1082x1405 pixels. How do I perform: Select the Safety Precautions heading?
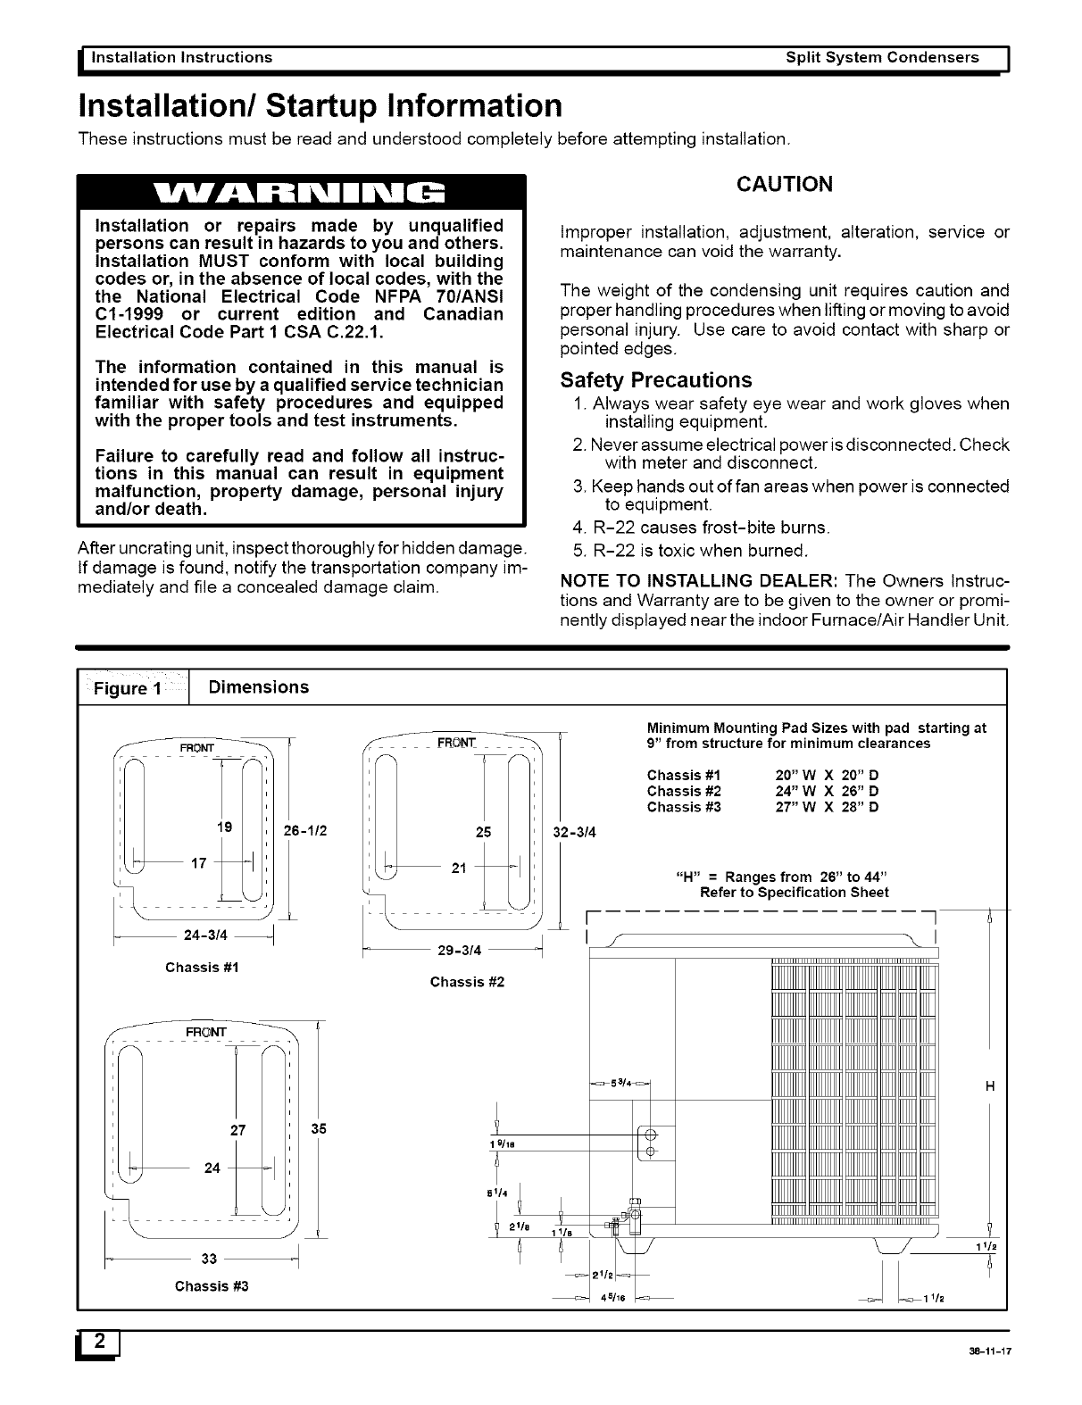pyautogui.click(x=655, y=380)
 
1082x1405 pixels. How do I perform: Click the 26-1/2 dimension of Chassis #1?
pyautogui.click(x=305, y=830)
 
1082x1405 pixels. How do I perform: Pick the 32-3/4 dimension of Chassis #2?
pyautogui.click(x=575, y=833)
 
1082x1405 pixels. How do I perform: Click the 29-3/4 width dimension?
pyautogui.click(x=461, y=951)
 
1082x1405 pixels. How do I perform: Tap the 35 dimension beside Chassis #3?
pyautogui.click(x=318, y=1128)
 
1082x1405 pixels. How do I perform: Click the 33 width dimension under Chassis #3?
pyautogui.click(x=210, y=1259)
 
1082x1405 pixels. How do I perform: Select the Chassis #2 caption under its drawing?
pyautogui.click(x=467, y=982)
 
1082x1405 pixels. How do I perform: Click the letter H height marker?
pyautogui.click(x=988, y=1086)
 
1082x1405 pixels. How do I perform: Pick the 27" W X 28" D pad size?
pyautogui.click(x=827, y=807)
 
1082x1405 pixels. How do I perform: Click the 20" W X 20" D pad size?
pyautogui.click(x=827, y=775)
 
